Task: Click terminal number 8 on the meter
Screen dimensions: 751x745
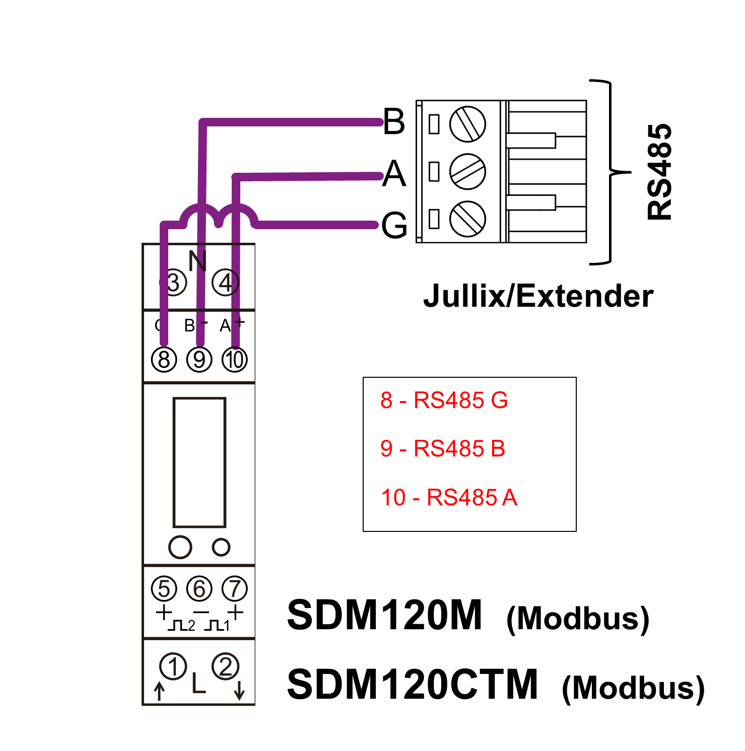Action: [164, 360]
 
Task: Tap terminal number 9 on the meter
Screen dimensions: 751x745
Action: [199, 360]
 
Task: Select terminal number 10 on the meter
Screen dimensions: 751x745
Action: [235, 360]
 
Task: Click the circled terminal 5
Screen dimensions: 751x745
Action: [164, 588]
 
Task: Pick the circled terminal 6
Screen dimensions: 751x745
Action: [199, 588]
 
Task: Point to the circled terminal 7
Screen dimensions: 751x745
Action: [235, 588]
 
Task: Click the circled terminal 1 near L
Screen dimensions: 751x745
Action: [173, 666]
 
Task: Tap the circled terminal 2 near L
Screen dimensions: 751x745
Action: [225, 666]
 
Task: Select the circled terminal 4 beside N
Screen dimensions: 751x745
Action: [225, 283]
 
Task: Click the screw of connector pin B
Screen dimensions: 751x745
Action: [467, 124]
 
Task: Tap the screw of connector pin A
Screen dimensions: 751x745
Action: [467, 172]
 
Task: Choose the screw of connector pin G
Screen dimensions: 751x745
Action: [467, 219]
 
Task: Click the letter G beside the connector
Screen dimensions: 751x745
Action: [394, 225]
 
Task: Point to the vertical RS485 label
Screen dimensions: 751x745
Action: [659, 172]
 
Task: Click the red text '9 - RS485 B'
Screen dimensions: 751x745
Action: [443, 448]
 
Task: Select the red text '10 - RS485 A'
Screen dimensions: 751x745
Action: [449, 497]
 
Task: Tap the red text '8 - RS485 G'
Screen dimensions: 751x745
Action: [444, 400]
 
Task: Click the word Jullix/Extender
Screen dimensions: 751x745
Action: [538, 296]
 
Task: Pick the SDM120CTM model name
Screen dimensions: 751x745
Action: [412, 685]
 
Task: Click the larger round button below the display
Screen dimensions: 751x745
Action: [180, 547]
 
